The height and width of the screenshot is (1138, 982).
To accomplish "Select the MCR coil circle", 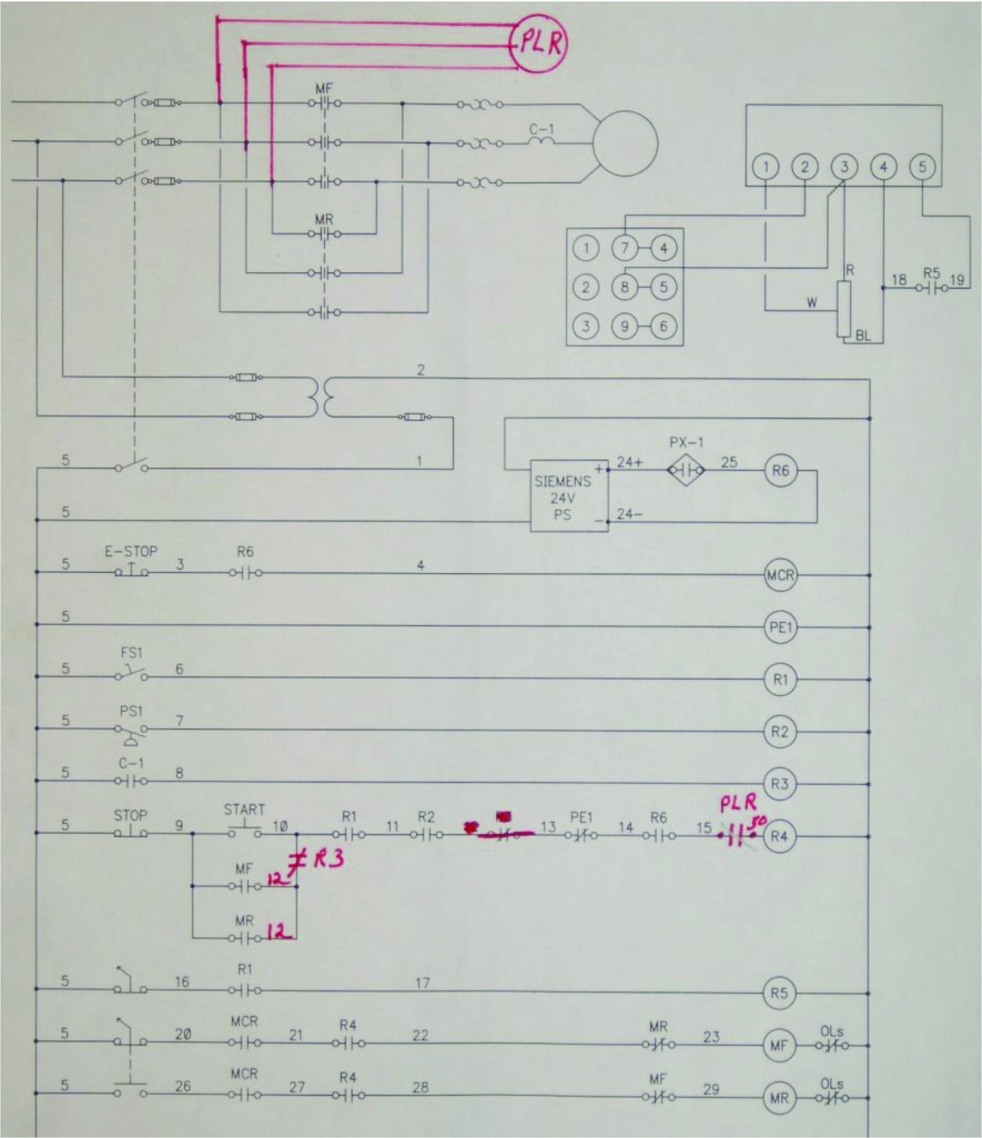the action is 780,575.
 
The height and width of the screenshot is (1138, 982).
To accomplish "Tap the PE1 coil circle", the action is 780,627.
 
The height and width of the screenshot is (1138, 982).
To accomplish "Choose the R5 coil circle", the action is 779,993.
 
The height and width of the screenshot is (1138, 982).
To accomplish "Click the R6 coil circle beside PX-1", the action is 780,470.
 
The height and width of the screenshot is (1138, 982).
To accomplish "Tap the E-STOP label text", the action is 131,551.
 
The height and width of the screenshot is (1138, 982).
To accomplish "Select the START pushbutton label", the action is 244,809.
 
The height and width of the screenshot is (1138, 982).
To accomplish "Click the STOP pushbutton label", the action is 130,815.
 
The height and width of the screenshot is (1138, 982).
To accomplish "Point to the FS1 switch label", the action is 131,653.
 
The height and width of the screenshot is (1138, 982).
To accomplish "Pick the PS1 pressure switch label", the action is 131,711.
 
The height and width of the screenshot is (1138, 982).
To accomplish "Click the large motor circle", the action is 625,143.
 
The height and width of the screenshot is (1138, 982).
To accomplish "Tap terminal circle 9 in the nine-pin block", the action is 624,326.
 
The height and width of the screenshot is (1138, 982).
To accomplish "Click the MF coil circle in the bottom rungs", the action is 779,1045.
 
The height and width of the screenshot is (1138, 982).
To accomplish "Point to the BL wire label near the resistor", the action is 863,336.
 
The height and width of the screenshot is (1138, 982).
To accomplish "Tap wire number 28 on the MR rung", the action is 420,1087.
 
